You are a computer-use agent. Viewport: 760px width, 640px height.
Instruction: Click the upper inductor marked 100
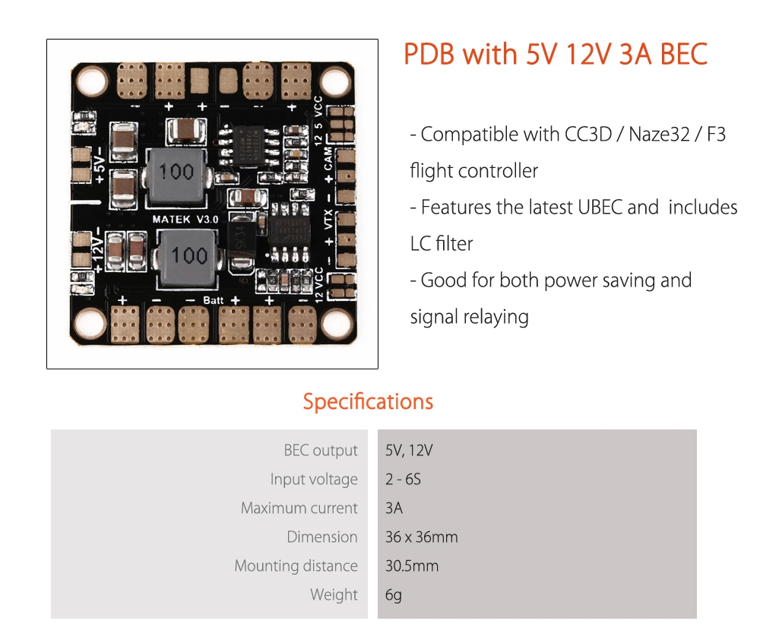point(176,173)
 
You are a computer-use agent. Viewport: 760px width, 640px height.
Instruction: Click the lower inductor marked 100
point(188,256)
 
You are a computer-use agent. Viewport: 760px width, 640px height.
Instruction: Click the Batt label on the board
point(214,300)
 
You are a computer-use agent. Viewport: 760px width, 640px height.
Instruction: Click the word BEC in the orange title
point(683,55)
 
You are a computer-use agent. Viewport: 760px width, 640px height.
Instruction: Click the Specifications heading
point(368,401)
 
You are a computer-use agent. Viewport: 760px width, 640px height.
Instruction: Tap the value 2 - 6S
point(403,480)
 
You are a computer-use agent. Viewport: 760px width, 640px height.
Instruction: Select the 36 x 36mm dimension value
point(421,537)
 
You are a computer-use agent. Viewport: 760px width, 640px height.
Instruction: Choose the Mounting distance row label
point(296,566)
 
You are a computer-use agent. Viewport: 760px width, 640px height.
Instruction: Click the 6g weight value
point(393,595)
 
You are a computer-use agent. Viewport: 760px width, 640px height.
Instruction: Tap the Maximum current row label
point(299,509)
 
